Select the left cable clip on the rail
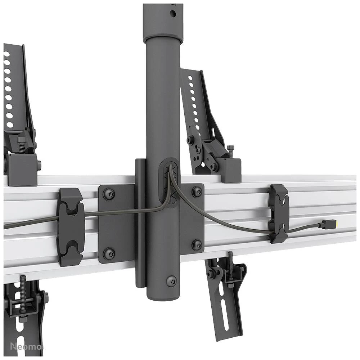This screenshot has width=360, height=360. pyautogui.click(x=71, y=227)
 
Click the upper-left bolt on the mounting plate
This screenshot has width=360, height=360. pyautogui.click(x=109, y=195)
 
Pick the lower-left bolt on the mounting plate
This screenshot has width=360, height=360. pyautogui.click(x=109, y=253)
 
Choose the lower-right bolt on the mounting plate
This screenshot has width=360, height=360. pyautogui.click(x=197, y=245)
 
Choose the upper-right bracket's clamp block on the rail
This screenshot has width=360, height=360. pyautogui.click(x=230, y=170)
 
